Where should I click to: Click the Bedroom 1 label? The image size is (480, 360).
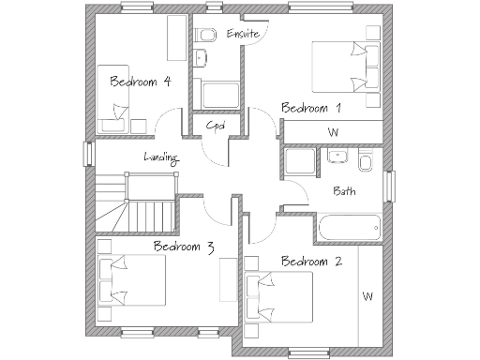coord(310,108)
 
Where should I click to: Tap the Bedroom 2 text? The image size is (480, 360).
coord(310,261)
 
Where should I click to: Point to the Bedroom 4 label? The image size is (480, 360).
coord(140,82)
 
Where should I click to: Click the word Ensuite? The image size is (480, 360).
coord(242,35)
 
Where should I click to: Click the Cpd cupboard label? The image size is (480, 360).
coord(217,126)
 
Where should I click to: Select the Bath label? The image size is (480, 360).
coord(344,191)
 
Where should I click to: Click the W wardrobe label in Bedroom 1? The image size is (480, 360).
coord(333,132)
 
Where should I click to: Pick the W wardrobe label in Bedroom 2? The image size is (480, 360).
coord(367,297)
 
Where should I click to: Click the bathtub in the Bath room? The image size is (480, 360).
coord(349,226)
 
